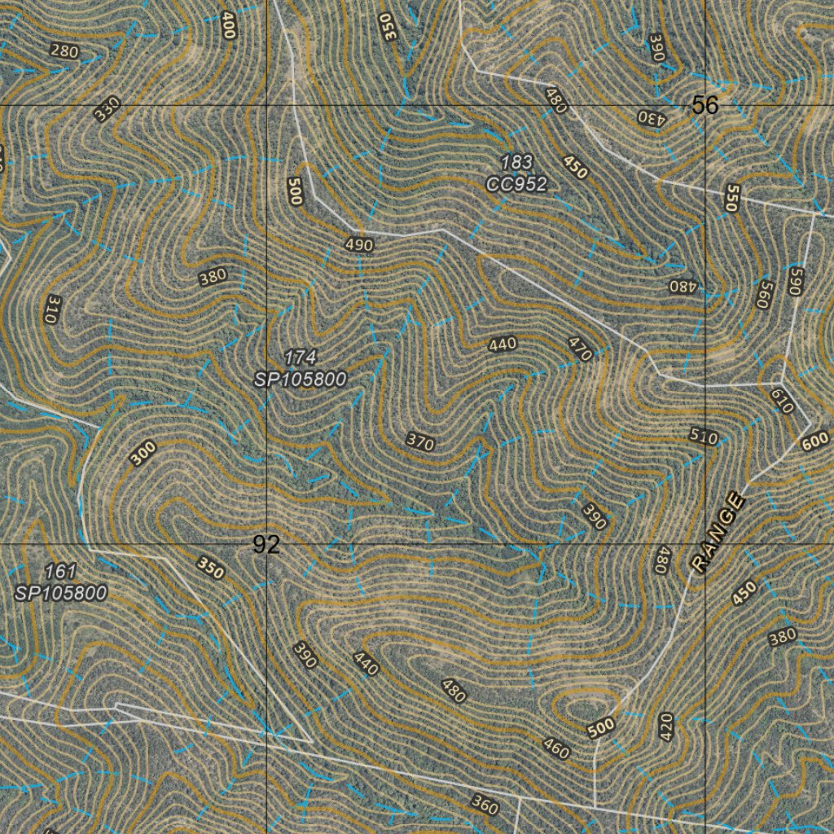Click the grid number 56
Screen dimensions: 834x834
coord(705,105)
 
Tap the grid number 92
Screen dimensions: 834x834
coord(266,545)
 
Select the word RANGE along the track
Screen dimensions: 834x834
coord(718,533)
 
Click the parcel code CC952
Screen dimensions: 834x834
coord(516,184)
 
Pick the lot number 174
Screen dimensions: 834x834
coord(300,357)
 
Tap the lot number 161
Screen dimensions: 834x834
coord(61,571)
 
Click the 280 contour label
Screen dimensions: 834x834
coord(64,52)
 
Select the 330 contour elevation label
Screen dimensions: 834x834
coord(107,108)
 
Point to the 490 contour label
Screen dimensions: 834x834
coord(358,244)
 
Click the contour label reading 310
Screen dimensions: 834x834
coord(50,309)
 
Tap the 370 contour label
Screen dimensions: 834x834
coord(420,442)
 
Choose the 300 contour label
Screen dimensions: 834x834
coord(143,453)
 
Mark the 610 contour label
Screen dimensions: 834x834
coord(782,401)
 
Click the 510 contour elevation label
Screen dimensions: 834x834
coord(704,437)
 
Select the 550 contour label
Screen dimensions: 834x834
coord(731,198)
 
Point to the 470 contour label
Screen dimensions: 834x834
coord(581,349)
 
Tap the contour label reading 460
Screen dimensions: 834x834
coord(555,748)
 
